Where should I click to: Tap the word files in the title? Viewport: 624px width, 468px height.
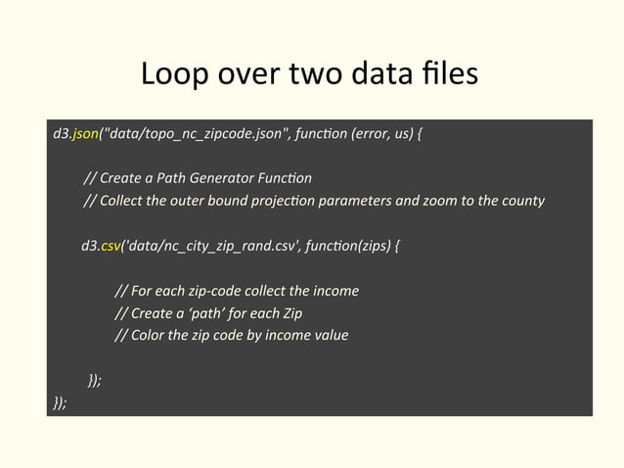click(x=449, y=74)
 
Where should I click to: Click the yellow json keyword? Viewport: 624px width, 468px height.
click(x=85, y=134)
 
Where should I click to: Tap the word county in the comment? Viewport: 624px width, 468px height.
click(x=519, y=202)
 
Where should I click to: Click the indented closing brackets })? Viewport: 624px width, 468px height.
click(x=94, y=381)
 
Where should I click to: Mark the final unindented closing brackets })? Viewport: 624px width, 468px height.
click(x=61, y=402)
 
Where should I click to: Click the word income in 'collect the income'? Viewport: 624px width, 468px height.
click(x=334, y=292)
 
